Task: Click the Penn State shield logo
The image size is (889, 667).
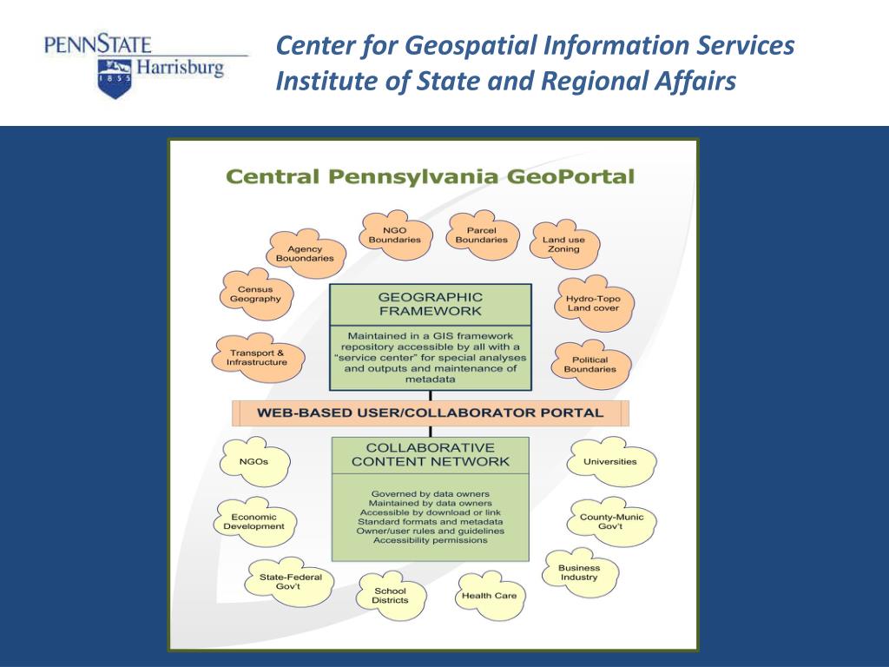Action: coord(113,77)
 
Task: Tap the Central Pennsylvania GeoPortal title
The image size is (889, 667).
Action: coord(431,177)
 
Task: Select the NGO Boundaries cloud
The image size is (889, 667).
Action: coord(394,234)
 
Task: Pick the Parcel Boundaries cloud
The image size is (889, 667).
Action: coord(481,234)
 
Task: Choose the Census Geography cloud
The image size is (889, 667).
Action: coord(255,294)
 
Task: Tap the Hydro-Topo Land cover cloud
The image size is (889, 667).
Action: coord(593,303)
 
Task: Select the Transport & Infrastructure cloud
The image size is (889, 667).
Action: coord(257,358)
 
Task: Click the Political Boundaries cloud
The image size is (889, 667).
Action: coord(589,364)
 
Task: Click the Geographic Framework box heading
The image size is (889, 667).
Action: coord(430,304)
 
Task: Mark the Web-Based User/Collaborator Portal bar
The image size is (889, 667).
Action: coord(431,413)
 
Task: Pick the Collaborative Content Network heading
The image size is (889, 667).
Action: coord(431,455)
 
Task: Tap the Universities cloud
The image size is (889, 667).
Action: coord(609,462)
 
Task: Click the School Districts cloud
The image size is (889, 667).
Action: coord(390,596)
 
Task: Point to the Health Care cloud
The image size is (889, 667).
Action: coord(489,596)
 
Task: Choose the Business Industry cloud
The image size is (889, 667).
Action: coord(579,572)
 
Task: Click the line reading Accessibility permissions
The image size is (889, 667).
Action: coord(431,540)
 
